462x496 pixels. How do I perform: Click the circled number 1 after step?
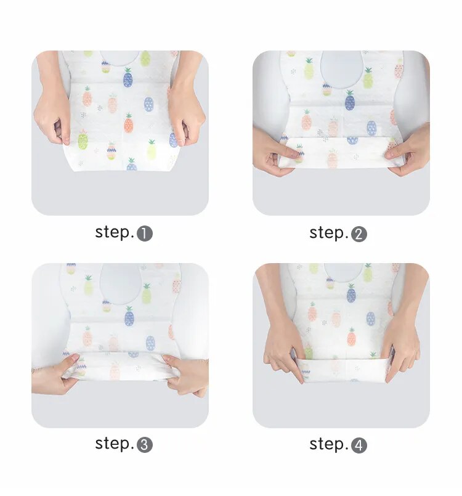[145, 234]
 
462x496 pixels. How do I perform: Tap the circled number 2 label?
[359, 234]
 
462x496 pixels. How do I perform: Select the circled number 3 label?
[145, 445]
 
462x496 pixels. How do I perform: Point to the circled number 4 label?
[359, 445]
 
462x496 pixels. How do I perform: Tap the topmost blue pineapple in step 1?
[128, 78]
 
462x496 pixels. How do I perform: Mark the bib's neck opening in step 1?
[120, 58]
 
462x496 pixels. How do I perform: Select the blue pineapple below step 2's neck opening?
[350, 100]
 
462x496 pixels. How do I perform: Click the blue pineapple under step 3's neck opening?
[129, 316]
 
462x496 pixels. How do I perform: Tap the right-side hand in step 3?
[187, 375]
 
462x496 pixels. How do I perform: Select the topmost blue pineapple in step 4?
[351, 293]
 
